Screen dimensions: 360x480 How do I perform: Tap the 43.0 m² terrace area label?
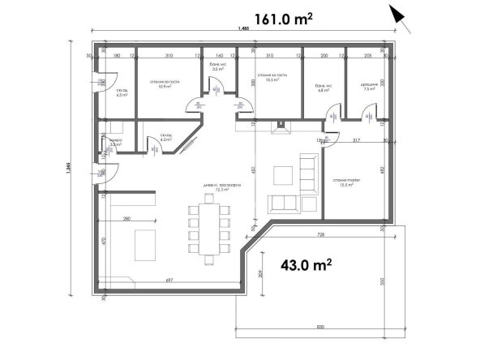click(x=306, y=264)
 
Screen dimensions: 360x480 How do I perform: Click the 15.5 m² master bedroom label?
click(x=345, y=182)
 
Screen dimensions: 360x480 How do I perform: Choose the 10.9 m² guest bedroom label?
click(x=163, y=84)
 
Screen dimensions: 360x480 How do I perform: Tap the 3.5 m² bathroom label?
click(x=216, y=67)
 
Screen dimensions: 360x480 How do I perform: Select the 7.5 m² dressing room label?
click(x=370, y=88)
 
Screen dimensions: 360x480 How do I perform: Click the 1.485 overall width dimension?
click(x=243, y=30)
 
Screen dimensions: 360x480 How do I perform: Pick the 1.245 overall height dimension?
click(x=72, y=172)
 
